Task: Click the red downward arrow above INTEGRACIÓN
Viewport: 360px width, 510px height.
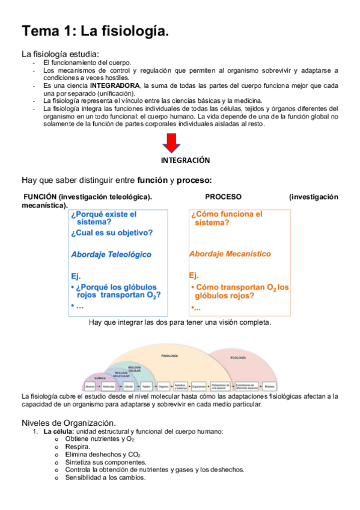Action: click(x=171, y=143)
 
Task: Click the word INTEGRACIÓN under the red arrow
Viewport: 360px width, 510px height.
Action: click(x=185, y=161)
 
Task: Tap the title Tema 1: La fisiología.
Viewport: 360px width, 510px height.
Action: click(x=96, y=31)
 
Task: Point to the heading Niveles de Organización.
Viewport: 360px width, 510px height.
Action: click(x=69, y=423)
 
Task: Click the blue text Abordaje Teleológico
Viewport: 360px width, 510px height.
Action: click(x=111, y=254)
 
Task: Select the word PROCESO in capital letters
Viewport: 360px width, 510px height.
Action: click(x=223, y=197)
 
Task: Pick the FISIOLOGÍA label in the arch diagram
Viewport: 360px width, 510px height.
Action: click(x=170, y=356)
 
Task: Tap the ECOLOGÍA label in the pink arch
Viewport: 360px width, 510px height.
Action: click(x=238, y=358)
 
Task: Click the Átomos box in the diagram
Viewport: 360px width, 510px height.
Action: click(x=90, y=386)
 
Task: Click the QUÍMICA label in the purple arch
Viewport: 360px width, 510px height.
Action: click(x=100, y=378)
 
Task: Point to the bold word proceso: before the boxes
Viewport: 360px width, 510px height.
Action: click(x=194, y=180)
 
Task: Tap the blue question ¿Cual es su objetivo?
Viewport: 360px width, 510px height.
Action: click(x=112, y=233)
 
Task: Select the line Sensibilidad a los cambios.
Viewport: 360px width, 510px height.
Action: click(x=105, y=478)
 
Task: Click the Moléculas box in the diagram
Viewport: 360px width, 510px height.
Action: click(x=109, y=386)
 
